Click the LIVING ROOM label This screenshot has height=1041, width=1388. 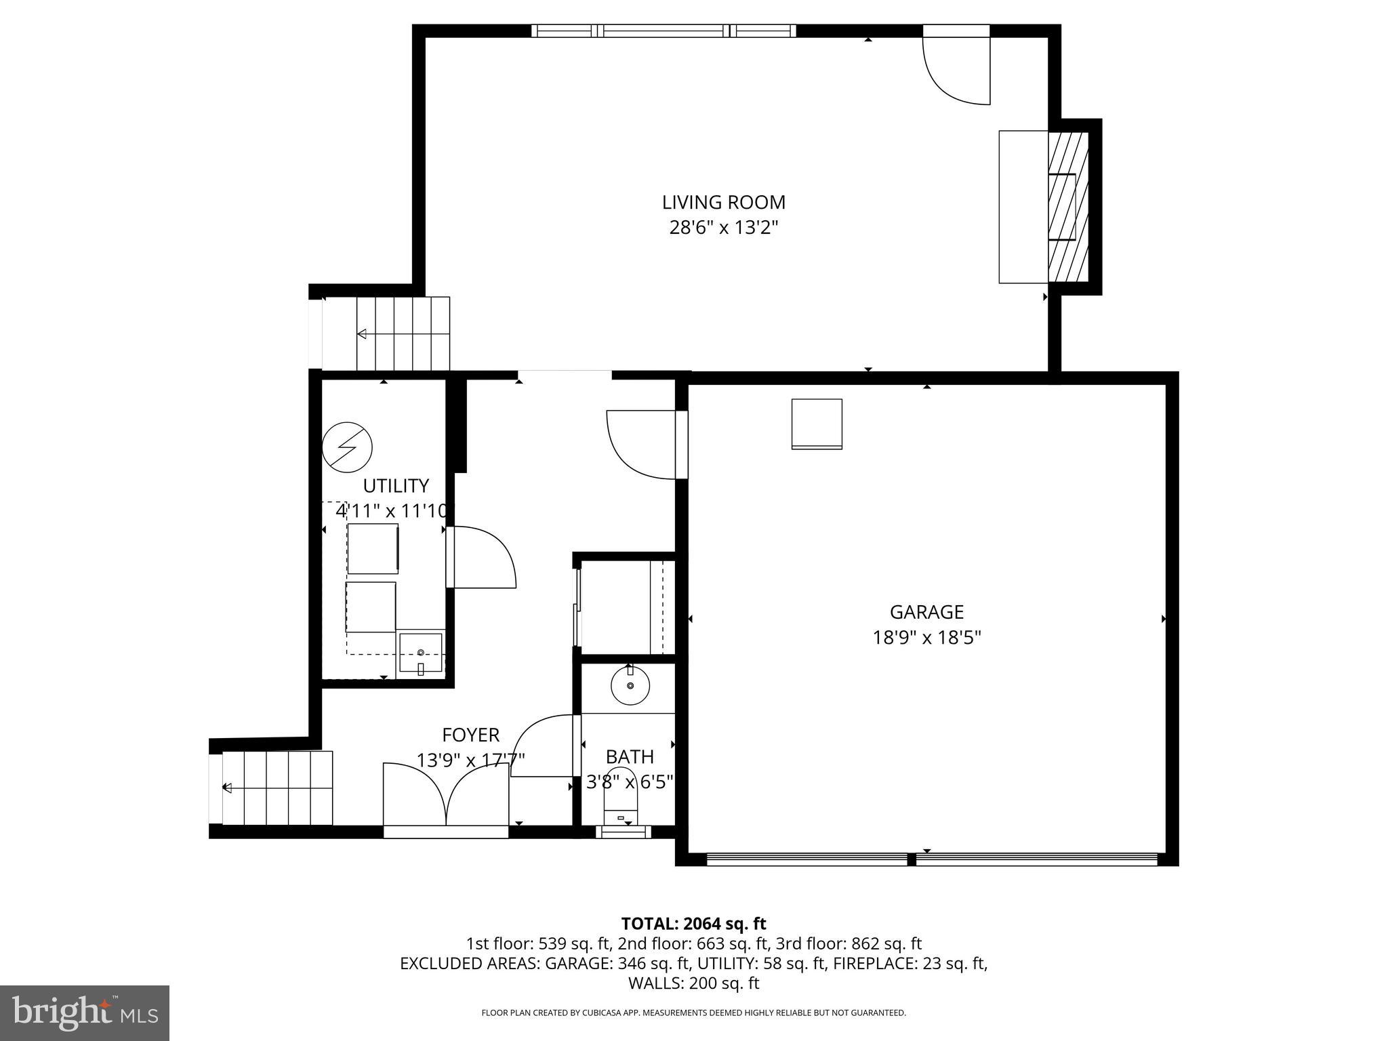click(723, 202)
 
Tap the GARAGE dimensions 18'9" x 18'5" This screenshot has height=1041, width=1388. click(926, 638)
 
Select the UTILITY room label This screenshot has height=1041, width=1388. click(396, 486)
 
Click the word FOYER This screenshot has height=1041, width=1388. click(470, 735)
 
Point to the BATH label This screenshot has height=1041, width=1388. click(630, 756)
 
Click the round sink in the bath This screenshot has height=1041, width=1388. click(630, 686)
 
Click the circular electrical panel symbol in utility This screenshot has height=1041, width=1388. click(347, 447)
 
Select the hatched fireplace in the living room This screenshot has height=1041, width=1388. click(1068, 207)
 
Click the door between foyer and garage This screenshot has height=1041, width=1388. click(644, 444)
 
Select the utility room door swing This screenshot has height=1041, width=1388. click(483, 558)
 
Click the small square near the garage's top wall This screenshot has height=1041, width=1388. click(817, 424)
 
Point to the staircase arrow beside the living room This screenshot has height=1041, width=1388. click(362, 333)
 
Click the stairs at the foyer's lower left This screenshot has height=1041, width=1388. click(278, 788)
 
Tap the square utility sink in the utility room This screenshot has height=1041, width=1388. click(420, 653)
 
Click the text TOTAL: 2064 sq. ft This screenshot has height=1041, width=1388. click(693, 923)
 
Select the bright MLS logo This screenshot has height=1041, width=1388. click(85, 1013)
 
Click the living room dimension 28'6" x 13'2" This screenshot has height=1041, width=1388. click(723, 228)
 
